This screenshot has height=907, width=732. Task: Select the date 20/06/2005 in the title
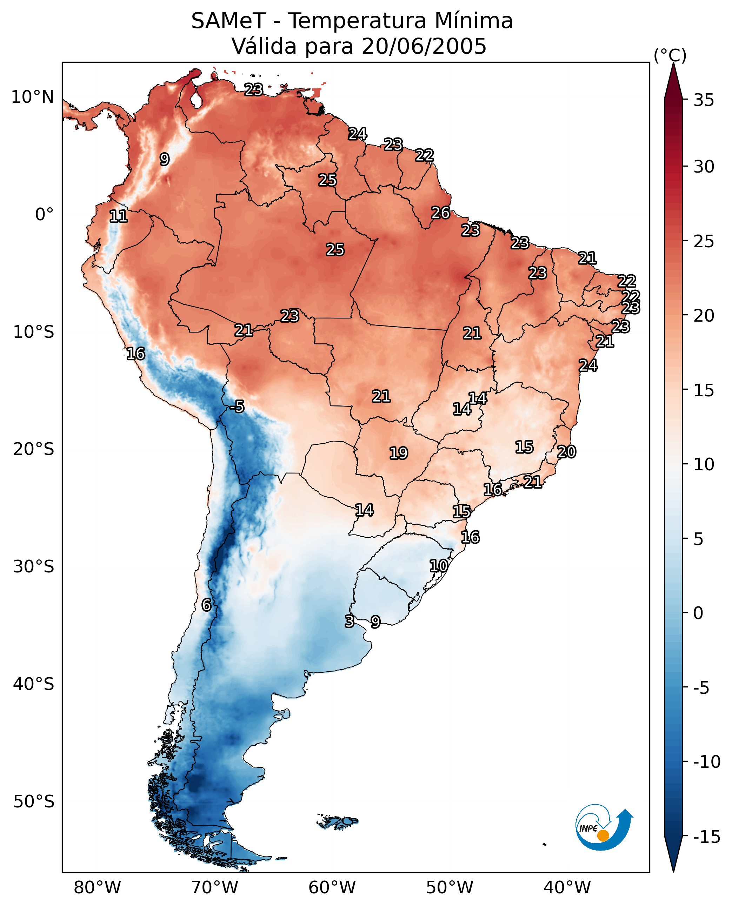pos(424,46)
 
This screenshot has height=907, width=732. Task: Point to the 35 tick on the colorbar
pos(704,100)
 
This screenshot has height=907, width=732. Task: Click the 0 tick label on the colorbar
pos(698,613)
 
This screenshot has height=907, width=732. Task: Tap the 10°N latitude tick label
pos(33,98)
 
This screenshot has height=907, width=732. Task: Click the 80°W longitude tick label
pos(98,888)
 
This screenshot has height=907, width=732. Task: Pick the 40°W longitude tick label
pos(567,888)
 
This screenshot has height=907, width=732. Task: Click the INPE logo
pos(604,827)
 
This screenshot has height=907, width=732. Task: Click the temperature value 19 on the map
pos(399,453)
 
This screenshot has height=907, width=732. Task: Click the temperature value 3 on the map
pos(349,621)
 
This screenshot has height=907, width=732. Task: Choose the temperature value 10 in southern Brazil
pos(439,566)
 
